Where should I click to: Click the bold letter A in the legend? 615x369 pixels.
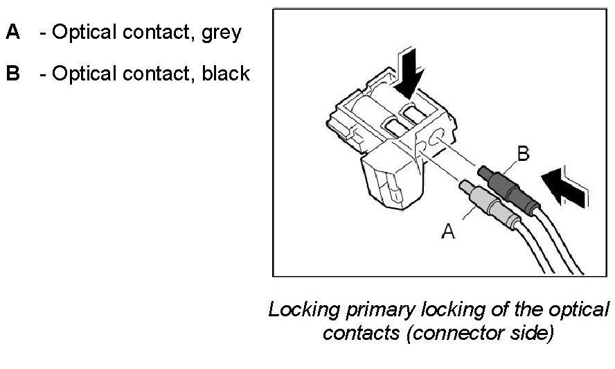point(13,33)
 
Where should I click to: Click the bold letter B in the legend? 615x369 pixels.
point(13,74)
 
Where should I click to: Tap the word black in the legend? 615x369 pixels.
point(226,74)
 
